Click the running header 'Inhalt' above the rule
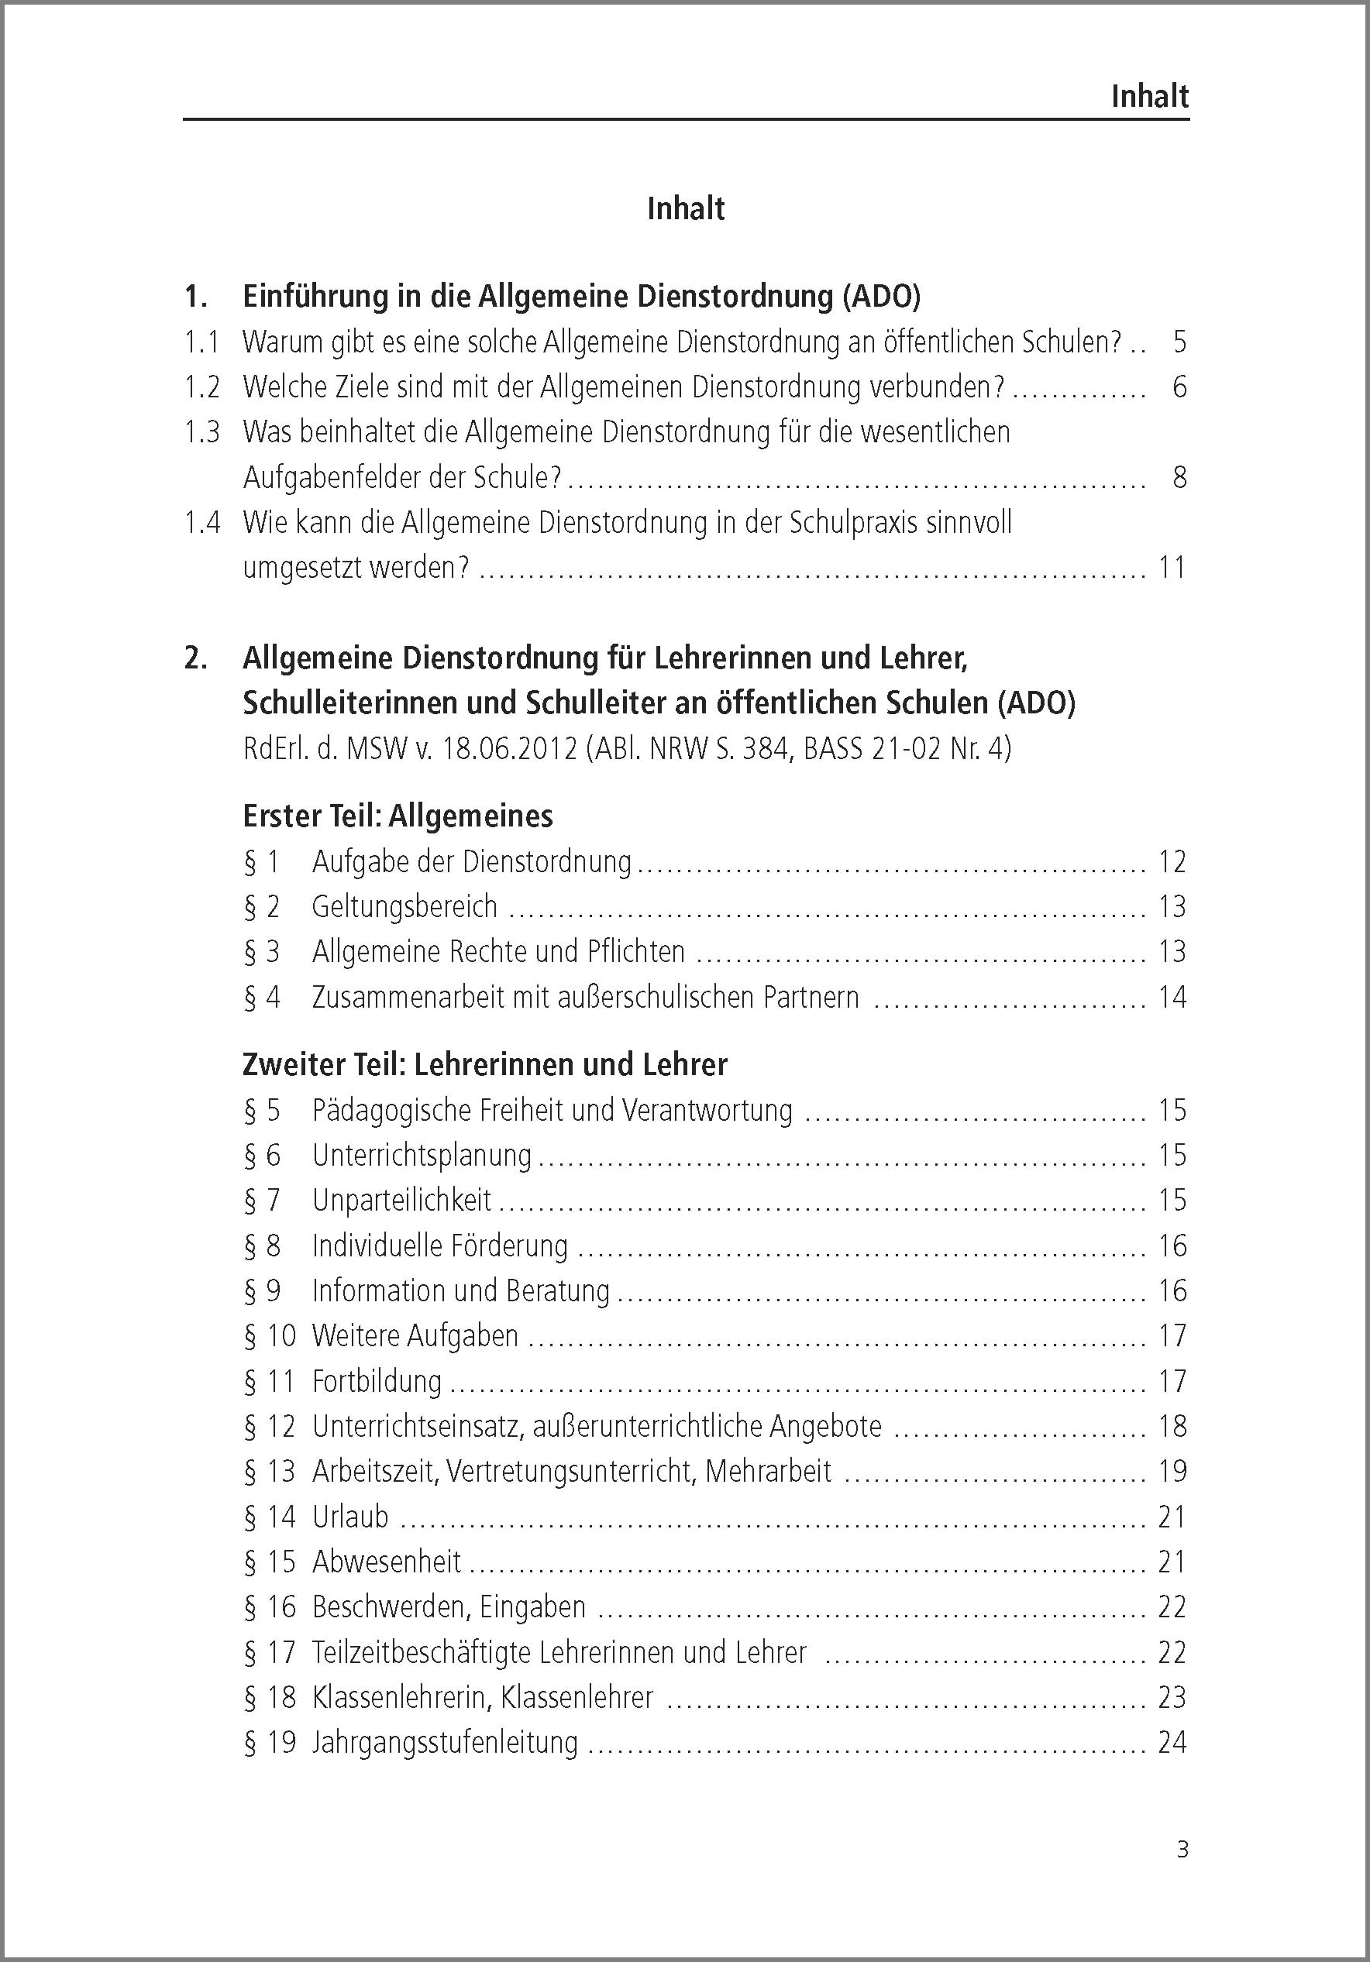(1148, 97)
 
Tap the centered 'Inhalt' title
(686, 208)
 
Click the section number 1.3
(201, 432)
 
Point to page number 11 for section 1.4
(1172, 568)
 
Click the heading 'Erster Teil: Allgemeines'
(398, 816)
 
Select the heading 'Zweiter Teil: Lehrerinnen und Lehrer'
(484, 1065)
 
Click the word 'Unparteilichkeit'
(401, 1200)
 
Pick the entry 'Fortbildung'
(377, 1381)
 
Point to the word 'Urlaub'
(350, 1517)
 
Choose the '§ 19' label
(269, 1742)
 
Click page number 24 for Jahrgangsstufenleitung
(1172, 1742)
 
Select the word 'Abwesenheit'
(387, 1562)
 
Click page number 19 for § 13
(1172, 1472)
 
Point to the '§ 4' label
(261, 997)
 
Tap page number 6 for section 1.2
(1179, 387)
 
